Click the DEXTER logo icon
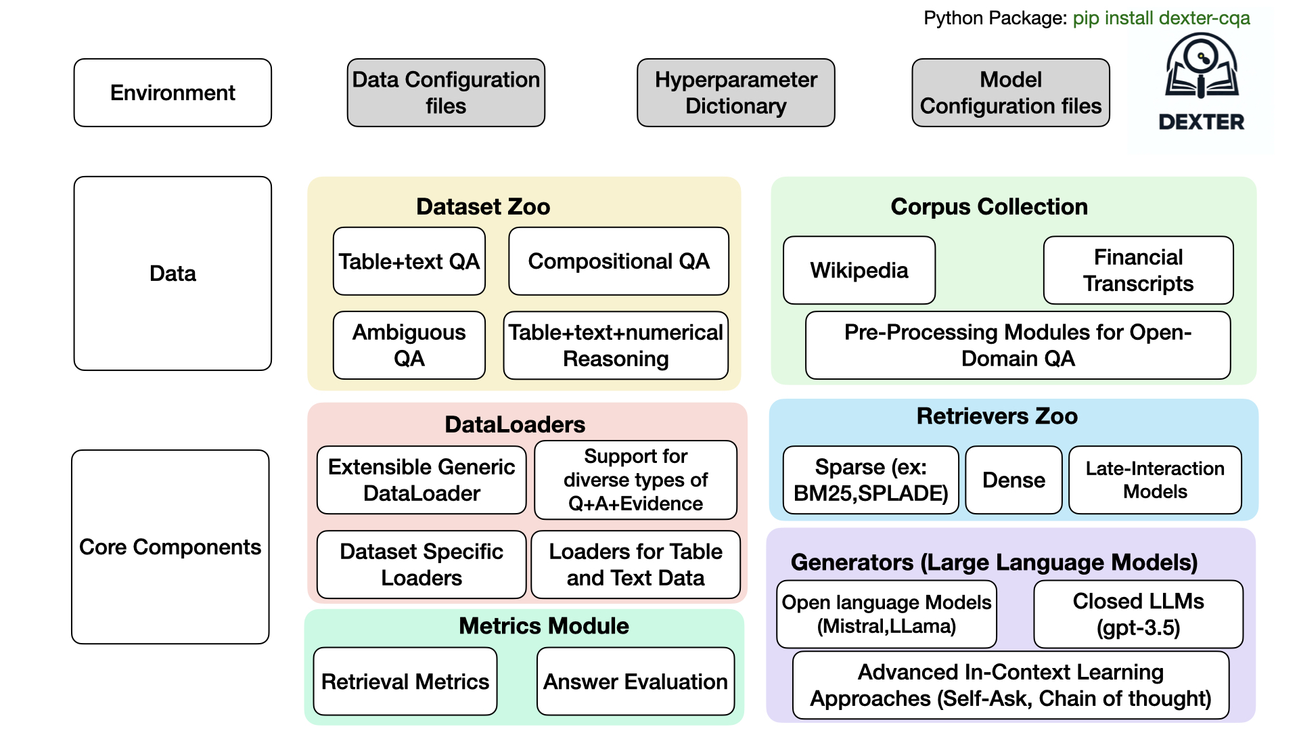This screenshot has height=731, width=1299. point(1202,68)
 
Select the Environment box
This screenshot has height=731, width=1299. point(173,93)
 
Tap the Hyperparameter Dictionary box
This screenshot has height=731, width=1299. point(735,93)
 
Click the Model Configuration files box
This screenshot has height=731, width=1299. point(1010,93)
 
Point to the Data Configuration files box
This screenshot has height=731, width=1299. point(446,93)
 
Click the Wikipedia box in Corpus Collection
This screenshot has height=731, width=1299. point(859,270)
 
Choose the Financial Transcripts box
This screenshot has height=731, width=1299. point(1138,270)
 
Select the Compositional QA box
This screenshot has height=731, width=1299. point(618,261)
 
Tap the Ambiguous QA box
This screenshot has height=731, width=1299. point(409,345)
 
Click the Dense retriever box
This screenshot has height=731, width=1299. point(1013,480)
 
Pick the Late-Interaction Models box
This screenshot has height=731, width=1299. point(1155,480)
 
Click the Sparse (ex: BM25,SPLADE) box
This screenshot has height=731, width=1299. point(871,480)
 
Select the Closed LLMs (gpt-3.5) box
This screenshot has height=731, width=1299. point(1138,614)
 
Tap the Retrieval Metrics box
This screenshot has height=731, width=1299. point(405,682)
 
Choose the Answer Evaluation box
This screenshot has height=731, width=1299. point(635,682)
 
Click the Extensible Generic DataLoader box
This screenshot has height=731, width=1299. point(421,480)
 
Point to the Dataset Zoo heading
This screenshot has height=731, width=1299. point(483,206)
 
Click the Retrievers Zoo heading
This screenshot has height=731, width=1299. point(997,416)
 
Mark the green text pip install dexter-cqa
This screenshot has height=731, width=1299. point(1161,18)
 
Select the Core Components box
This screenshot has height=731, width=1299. point(170,547)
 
